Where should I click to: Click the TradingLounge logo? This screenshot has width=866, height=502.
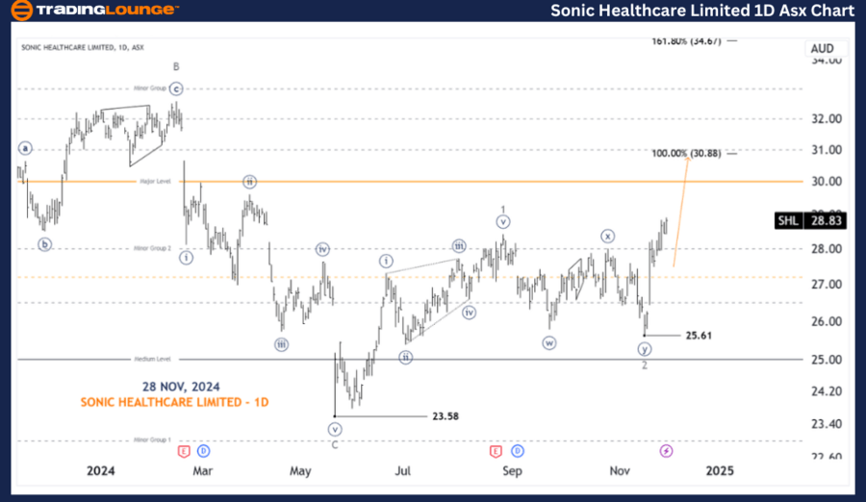[93, 11]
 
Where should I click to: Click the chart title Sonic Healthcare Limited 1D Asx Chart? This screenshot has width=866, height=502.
[701, 11]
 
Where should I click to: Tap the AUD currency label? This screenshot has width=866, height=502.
[822, 48]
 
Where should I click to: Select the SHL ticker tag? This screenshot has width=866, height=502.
[787, 221]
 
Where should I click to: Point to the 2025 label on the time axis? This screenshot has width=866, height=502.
[719, 470]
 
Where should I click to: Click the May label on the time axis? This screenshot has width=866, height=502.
[300, 470]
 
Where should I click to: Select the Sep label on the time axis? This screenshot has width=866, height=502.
[512, 470]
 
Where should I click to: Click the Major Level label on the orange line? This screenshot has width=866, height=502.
[155, 181]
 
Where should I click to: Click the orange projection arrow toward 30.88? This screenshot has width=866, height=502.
[681, 212]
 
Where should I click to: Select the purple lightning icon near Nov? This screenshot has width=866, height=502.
[666, 450]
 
